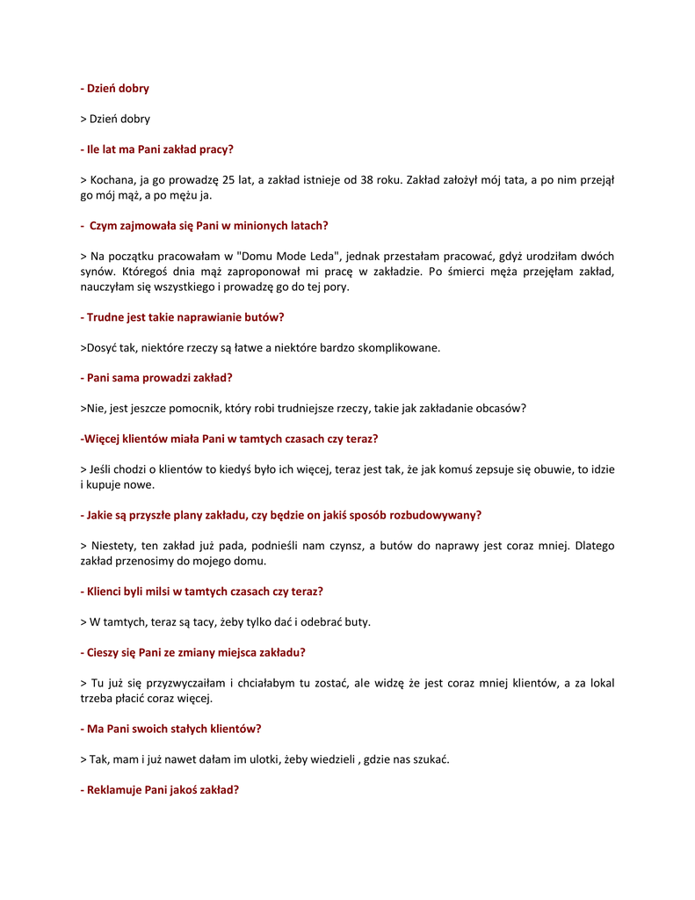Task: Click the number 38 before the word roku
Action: pyautogui.click(x=365, y=180)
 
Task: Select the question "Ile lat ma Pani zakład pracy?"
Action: pyautogui.click(x=156, y=149)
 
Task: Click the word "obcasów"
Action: pyautogui.click(x=499, y=408)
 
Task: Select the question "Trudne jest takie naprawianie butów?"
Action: pyautogui.click(x=182, y=317)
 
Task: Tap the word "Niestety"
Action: pyautogui.click(x=112, y=546)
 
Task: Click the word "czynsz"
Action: pyautogui.click(x=344, y=546)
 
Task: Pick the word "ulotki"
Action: pyautogui.click(x=260, y=759)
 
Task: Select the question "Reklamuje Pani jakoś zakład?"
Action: pyautogui.click(x=159, y=790)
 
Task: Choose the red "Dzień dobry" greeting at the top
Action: pyautogui.click(x=115, y=89)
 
